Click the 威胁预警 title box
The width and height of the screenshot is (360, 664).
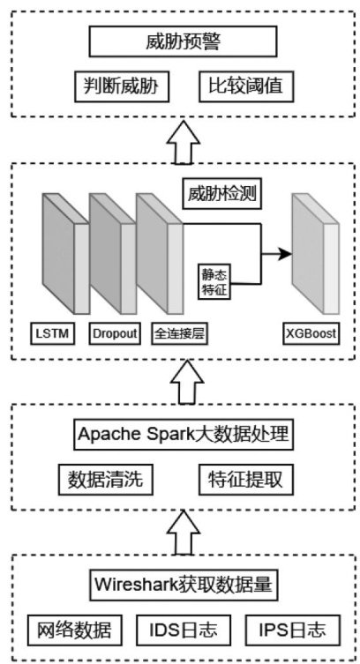pos(183,42)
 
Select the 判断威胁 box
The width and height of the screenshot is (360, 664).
pos(122,86)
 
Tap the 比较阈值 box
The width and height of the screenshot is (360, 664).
pos(246,86)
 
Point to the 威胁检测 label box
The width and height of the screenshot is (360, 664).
pos(222,194)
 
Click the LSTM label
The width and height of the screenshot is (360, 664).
pos(53,333)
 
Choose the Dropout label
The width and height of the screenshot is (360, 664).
pos(115,333)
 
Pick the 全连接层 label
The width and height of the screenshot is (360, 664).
pos(179,333)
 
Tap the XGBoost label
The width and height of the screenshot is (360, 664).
pos(311,333)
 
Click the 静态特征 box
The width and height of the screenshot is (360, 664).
pos(214,282)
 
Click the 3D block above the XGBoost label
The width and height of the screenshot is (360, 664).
pos(316,253)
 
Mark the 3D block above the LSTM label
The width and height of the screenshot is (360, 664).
pos(65,253)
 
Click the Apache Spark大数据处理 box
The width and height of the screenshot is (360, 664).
pos(183,435)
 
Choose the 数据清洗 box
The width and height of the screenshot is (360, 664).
pos(105,480)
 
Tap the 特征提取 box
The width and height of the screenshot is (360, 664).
pos(246,480)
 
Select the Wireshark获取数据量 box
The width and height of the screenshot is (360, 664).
pos(183,585)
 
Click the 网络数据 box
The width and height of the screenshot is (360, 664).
pos(74,630)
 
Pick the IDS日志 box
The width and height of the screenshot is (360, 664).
pos(184,630)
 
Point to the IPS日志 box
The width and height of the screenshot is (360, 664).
pos(293,630)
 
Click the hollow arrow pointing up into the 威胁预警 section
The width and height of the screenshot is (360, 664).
pos(184,142)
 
